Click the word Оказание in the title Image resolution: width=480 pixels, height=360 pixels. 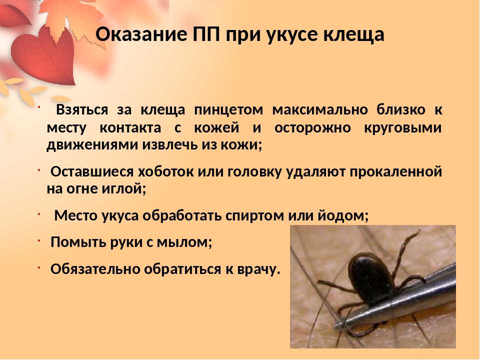(x=141, y=34)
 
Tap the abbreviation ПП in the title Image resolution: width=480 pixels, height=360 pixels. (x=206, y=34)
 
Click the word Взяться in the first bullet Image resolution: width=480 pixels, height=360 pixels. (x=82, y=110)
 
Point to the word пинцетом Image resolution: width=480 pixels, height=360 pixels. (x=228, y=110)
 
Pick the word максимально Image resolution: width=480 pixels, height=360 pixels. (x=320, y=110)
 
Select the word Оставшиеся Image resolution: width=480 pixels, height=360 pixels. (x=92, y=171)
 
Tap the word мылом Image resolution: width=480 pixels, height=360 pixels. (x=184, y=242)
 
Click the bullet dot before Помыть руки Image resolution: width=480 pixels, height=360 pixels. (x=39, y=241)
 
